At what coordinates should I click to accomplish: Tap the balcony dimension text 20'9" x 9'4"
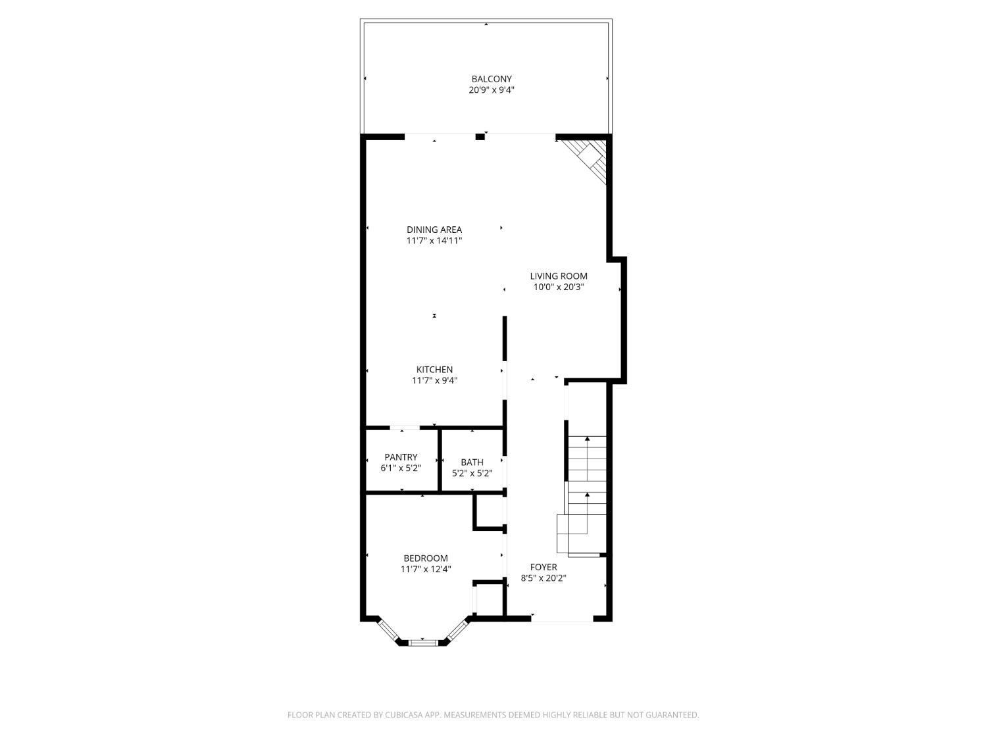pyautogui.click(x=491, y=90)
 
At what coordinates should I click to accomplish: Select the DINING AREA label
pyautogui.click(x=434, y=230)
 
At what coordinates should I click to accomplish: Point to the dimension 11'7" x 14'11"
pyautogui.click(x=434, y=241)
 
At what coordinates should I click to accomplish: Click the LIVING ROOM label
pyautogui.click(x=559, y=276)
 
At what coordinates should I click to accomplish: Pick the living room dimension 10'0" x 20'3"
pyautogui.click(x=559, y=287)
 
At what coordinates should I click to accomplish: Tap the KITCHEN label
pyautogui.click(x=434, y=370)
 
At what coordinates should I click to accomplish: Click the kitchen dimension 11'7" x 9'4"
pyautogui.click(x=434, y=380)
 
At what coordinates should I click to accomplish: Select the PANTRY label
pyautogui.click(x=401, y=458)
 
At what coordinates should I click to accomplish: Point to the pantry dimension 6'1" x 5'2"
pyautogui.click(x=401, y=468)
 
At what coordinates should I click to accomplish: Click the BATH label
pyautogui.click(x=472, y=462)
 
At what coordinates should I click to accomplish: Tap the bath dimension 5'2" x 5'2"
pyautogui.click(x=472, y=473)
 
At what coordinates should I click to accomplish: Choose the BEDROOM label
pyautogui.click(x=426, y=558)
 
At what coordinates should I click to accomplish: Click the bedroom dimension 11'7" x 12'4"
pyautogui.click(x=426, y=570)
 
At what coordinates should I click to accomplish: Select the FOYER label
pyautogui.click(x=544, y=567)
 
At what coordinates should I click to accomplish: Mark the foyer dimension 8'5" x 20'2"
pyautogui.click(x=544, y=578)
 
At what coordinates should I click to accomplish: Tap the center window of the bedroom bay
pyautogui.click(x=422, y=641)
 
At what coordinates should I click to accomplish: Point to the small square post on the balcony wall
pyautogui.click(x=480, y=137)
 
